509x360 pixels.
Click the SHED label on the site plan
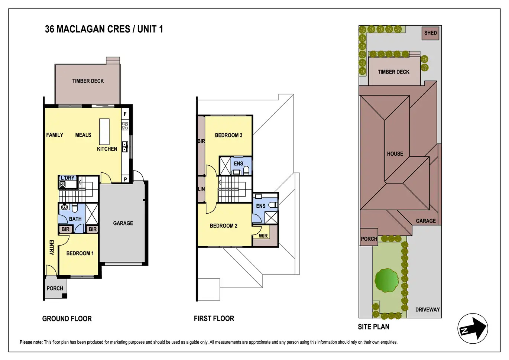(430, 33)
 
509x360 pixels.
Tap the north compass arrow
(473, 328)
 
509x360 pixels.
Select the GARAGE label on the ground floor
(123, 223)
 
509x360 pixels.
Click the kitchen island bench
(104, 132)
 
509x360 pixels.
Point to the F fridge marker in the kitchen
(125, 114)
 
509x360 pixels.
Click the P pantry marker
(125, 179)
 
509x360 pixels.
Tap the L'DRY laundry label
(68, 178)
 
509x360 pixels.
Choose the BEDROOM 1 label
(80, 253)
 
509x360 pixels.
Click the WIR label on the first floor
(263, 236)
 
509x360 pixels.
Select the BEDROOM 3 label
(228, 135)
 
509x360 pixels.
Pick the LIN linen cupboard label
(201, 189)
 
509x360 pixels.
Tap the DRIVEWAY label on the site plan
(427, 309)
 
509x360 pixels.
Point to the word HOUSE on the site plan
(395, 154)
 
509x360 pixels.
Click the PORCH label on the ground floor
(55, 288)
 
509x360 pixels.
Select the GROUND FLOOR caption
(67, 319)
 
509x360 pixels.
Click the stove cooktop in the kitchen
(125, 126)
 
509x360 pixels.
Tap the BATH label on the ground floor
(75, 219)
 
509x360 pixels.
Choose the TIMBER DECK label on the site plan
(393, 72)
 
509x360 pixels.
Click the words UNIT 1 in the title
(150, 29)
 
